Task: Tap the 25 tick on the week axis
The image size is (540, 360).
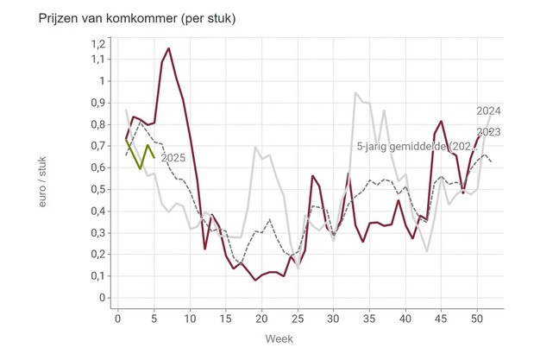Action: (298, 319)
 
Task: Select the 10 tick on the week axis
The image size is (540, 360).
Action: (190, 319)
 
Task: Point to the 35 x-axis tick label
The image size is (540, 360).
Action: (369, 319)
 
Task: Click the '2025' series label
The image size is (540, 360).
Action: (174, 157)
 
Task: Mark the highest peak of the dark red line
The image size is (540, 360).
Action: (168, 48)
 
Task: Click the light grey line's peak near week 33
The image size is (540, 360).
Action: (355, 92)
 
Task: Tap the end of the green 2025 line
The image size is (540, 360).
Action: (154, 157)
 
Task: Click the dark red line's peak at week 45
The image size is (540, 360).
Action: (442, 122)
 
